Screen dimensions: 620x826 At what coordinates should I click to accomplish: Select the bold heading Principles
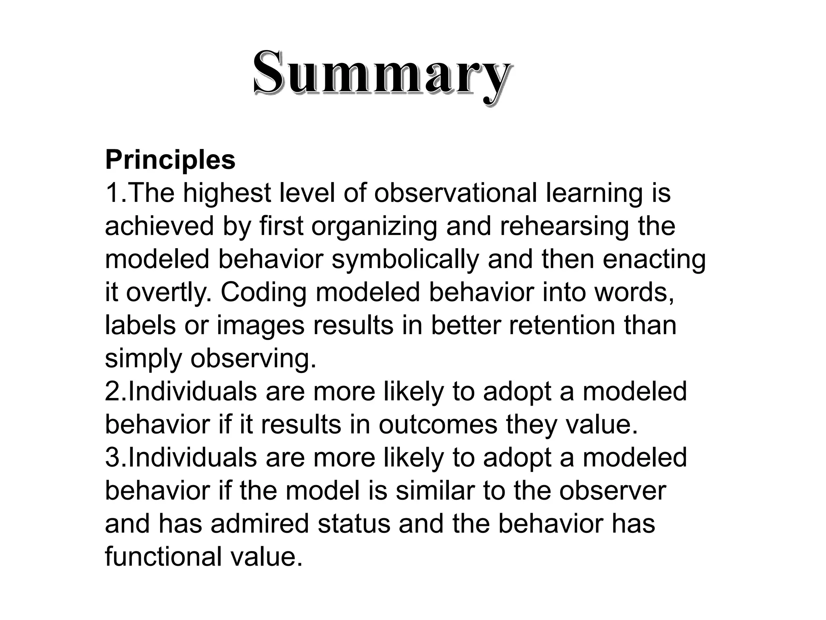[x=170, y=160]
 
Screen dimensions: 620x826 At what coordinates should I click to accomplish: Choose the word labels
[x=140, y=325]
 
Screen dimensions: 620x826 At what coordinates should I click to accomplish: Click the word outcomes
[x=438, y=425]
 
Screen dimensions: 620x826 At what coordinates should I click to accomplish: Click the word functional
[x=163, y=557]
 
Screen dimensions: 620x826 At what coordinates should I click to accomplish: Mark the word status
[x=354, y=524]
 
